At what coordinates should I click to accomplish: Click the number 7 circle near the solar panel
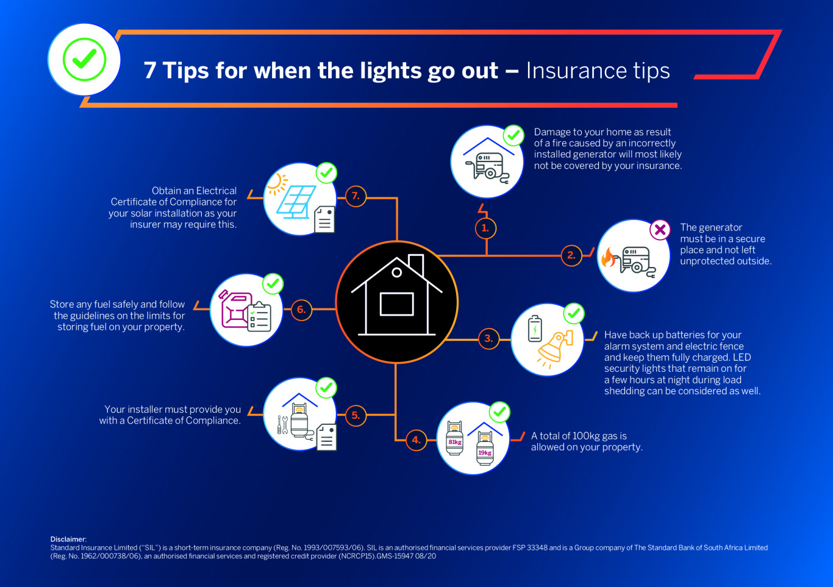[x=356, y=196]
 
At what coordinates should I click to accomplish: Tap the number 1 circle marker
[x=485, y=228]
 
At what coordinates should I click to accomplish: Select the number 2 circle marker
[x=571, y=255]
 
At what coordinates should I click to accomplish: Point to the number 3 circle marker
[x=488, y=339]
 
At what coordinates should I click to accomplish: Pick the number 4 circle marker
[x=416, y=440]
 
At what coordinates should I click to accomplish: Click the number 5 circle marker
[x=356, y=415]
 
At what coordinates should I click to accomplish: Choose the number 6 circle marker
[x=301, y=310]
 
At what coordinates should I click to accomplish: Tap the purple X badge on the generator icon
[x=660, y=230]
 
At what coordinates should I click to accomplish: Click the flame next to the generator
[x=609, y=257]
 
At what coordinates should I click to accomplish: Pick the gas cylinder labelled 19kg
[x=485, y=449]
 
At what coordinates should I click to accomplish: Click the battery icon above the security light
[x=535, y=329]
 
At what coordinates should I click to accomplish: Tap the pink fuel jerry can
[x=235, y=309]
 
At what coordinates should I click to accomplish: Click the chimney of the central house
[x=416, y=265]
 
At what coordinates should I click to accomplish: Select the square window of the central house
[x=397, y=304]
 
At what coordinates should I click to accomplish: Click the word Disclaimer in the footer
[x=68, y=539]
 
